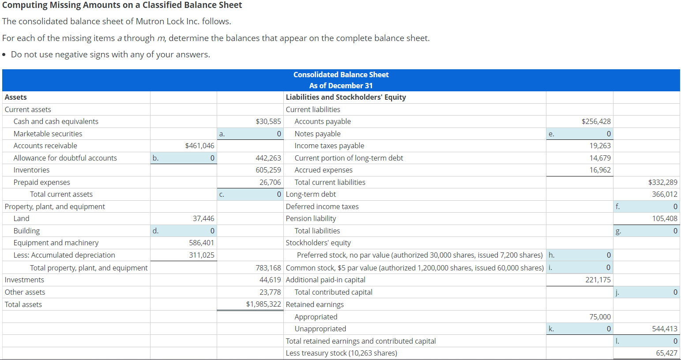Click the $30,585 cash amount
pos(268,121)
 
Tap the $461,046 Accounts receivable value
pos(199,146)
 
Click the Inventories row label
pos(31,170)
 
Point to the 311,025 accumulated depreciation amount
pos(202,255)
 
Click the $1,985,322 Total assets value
pos(263,304)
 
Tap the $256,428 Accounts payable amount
pos(596,121)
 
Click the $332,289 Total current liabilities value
pos(662,182)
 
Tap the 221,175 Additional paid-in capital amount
pos(598,280)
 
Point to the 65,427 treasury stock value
pos(666,353)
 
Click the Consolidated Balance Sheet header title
pos(341,75)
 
